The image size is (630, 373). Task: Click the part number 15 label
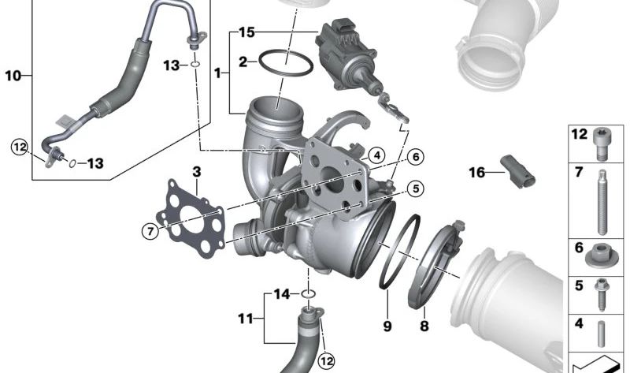[246, 32]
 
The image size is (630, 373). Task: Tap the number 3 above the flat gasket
[196, 172]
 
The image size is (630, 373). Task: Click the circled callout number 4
[376, 155]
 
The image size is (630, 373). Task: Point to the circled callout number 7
[150, 231]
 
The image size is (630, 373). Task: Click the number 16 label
[477, 173]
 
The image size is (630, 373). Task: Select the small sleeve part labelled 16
[518, 172]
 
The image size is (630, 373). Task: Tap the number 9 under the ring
[387, 326]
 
